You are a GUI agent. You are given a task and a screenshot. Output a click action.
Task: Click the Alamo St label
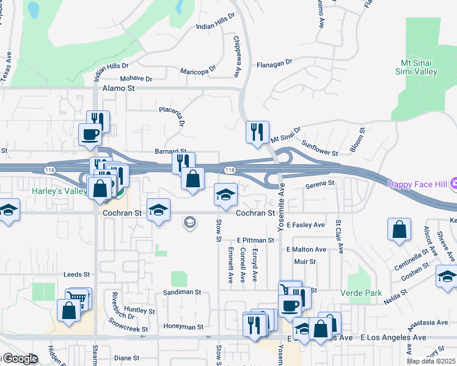(x=119, y=88)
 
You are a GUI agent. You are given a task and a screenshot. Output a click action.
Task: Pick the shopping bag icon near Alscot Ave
(x=399, y=230)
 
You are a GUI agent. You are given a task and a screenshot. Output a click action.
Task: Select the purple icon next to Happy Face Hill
(x=455, y=183)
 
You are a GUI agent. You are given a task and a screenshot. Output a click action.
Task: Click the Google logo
(x=20, y=359)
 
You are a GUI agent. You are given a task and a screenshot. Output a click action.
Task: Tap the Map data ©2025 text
(x=431, y=361)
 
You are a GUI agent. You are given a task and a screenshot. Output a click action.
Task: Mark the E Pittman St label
(x=257, y=241)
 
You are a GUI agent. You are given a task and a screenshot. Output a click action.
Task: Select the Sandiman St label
(x=182, y=292)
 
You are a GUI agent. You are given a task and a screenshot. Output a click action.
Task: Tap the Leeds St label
(x=77, y=275)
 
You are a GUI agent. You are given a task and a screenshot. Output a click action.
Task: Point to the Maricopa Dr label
(x=198, y=71)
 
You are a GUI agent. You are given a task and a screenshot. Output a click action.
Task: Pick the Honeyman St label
(x=183, y=327)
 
